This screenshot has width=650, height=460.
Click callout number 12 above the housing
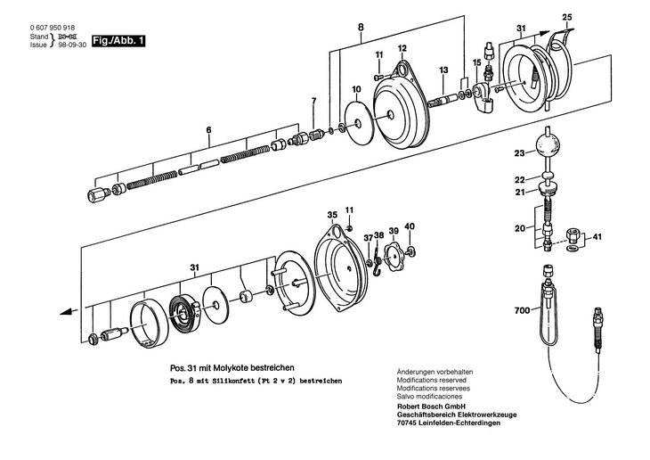tap(402, 48)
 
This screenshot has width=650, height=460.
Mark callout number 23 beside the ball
tap(519, 153)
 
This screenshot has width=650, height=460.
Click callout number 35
tap(331, 215)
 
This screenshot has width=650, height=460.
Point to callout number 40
tap(410, 226)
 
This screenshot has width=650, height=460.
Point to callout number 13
tap(443, 70)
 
